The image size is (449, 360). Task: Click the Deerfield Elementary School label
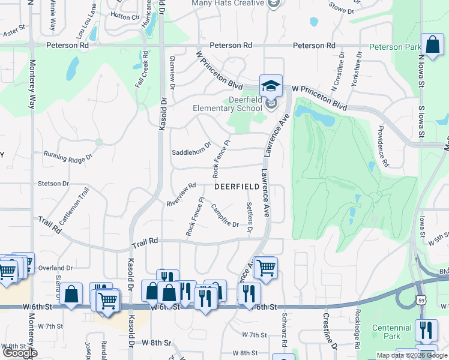[x=228, y=104]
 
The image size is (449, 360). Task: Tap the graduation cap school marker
[x=271, y=86]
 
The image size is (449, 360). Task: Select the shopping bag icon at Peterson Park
[x=432, y=44]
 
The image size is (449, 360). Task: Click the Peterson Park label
[x=395, y=47]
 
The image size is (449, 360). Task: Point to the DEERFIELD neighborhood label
[x=237, y=187]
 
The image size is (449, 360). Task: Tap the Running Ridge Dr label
[x=69, y=156]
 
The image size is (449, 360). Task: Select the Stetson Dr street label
[x=53, y=183]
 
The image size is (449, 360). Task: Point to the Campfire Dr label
[x=224, y=216]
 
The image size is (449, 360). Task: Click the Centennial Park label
[x=391, y=332]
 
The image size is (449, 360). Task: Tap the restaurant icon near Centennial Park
[x=426, y=330]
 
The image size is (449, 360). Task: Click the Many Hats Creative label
[x=228, y=4]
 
